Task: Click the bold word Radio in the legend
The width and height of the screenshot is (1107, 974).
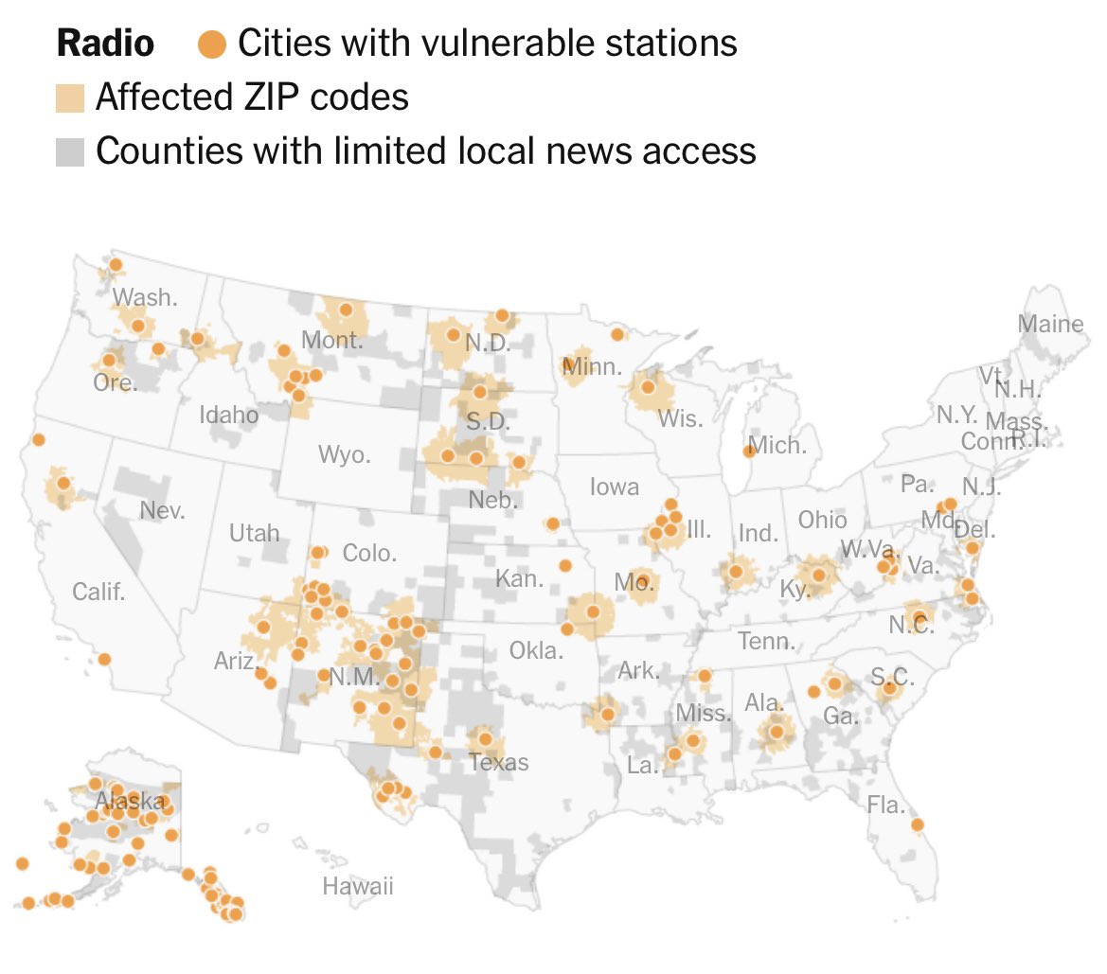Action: pyautogui.click(x=105, y=43)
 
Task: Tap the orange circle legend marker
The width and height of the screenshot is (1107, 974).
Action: pyautogui.click(x=212, y=44)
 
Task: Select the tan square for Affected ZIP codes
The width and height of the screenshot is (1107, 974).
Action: pyautogui.click(x=70, y=97)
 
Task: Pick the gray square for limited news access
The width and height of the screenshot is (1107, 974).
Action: pyautogui.click(x=70, y=151)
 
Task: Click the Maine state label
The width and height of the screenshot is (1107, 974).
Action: pyautogui.click(x=1050, y=324)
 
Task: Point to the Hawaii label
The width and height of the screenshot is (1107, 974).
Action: pyautogui.click(x=357, y=887)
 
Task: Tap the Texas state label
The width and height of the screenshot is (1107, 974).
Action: pyautogui.click(x=498, y=762)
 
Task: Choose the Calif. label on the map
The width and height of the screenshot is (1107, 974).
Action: pyautogui.click(x=98, y=593)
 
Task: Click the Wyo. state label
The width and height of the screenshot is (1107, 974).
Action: pyautogui.click(x=344, y=455)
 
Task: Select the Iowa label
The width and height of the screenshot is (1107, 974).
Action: pyautogui.click(x=615, y=487)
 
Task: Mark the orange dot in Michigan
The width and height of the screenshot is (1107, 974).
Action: pyautogui.click(x=749, y=451)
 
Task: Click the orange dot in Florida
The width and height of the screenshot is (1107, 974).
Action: pyautogui.click(x=917, y=824)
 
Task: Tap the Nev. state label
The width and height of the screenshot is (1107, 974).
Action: pyautogui.click(x=162, y=511)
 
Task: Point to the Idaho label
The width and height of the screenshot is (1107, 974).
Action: pyautogui.click(x=228, y=415)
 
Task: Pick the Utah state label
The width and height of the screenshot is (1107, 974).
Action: pyautogui.click(x=255, y=533)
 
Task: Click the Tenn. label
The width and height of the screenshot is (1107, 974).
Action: pyautogui.click(x=766, y=642)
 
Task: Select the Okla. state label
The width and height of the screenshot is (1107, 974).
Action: pyautogui.click(x=536, y=650)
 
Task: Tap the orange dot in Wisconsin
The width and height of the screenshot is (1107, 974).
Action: pyautogui.click(x=649, y=386)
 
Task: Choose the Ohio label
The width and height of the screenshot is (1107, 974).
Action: pyautogui.click(x=822, y=520)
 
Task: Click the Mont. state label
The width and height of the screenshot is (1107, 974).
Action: pyautogui.click(x=331, y=340)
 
